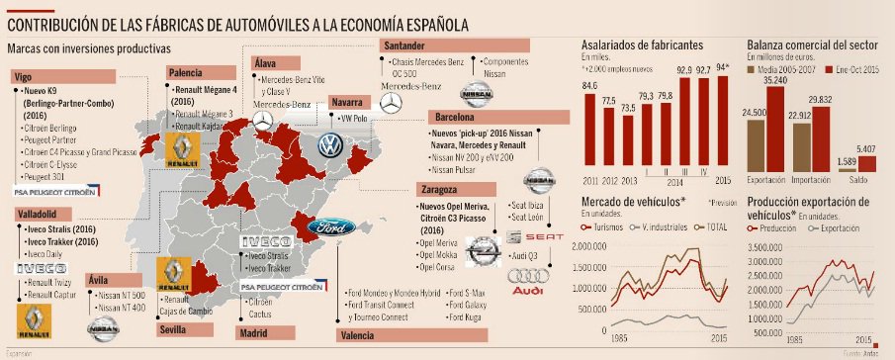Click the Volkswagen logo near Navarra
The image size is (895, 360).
click(328, 147)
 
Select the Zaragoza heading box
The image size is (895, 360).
click(436, 188)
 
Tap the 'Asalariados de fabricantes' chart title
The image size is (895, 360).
click(642, 45)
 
